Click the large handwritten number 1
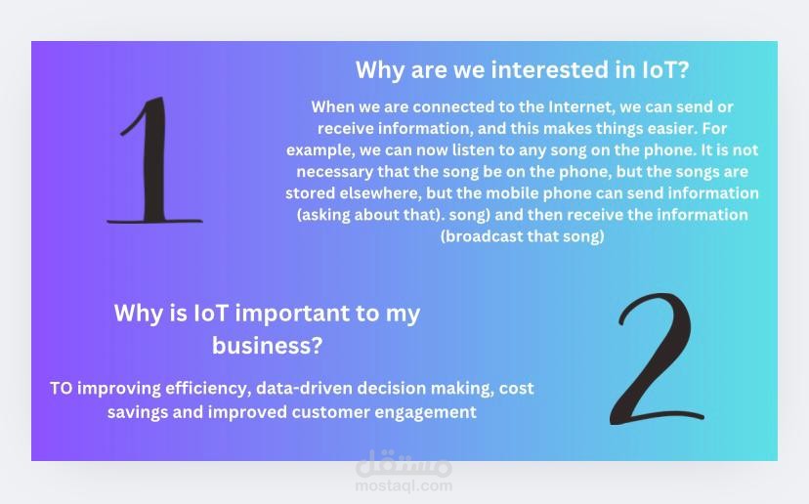point(154,160)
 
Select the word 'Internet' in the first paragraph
point(580,106)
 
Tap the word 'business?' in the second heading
point(268,345)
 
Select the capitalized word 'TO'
point(61,388)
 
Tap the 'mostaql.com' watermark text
point(404,485)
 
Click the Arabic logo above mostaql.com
point(404,463)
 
